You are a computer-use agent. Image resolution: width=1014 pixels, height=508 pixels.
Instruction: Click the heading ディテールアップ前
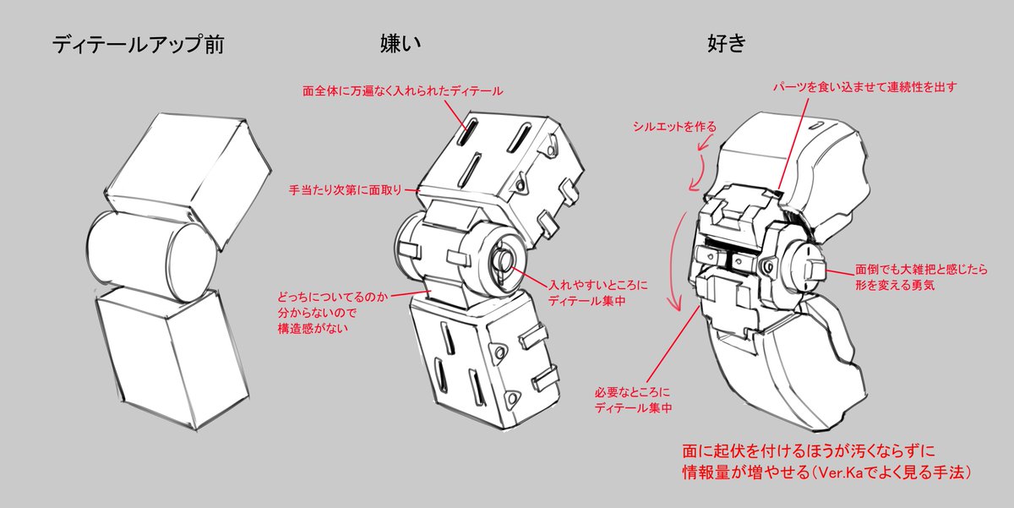pos(137,44)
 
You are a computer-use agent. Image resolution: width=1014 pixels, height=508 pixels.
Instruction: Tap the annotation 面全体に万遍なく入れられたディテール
pos(402,90)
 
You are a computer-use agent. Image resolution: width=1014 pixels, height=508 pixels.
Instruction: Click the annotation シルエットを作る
pos(674,127)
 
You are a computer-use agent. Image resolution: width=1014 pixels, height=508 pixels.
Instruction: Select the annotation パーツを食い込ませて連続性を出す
pos(867,86)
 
